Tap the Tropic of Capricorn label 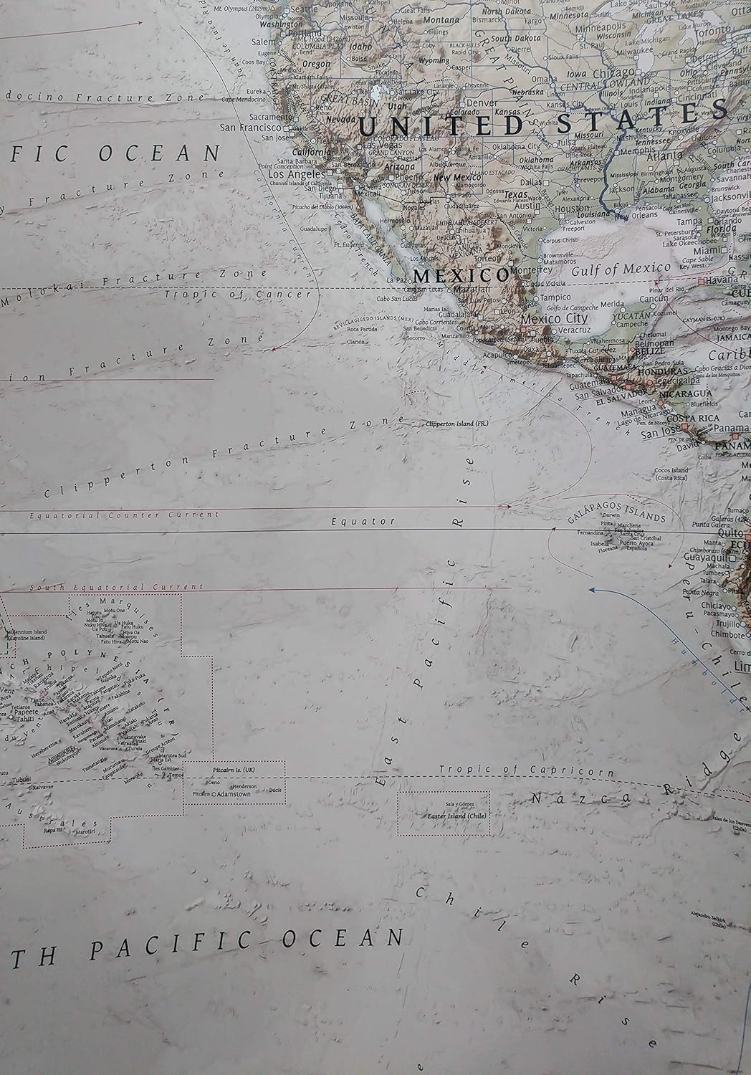coord(526,771)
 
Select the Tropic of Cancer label coord(238,294)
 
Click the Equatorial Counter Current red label coord(123,515)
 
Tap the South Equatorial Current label coord(116,587)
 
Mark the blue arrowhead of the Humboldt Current coord(593,589)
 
